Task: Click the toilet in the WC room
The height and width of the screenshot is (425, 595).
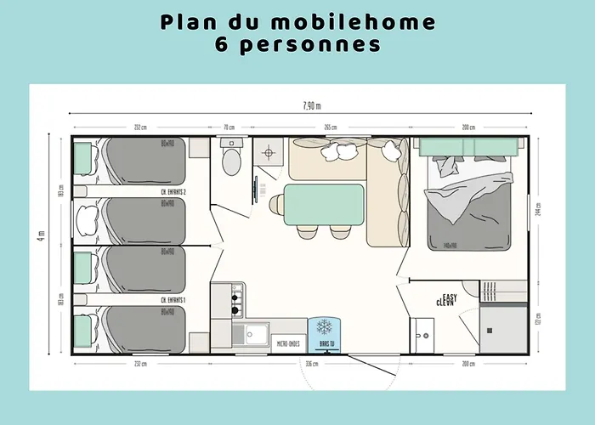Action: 230,160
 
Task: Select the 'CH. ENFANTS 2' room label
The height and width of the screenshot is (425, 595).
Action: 173,193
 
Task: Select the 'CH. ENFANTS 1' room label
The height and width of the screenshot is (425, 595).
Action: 173,301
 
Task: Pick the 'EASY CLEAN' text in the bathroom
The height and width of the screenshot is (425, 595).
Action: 446,300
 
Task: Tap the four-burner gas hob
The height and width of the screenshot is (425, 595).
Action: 235,299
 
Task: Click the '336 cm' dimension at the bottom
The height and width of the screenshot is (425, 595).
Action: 312,364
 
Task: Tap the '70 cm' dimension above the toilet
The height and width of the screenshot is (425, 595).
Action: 229,127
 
